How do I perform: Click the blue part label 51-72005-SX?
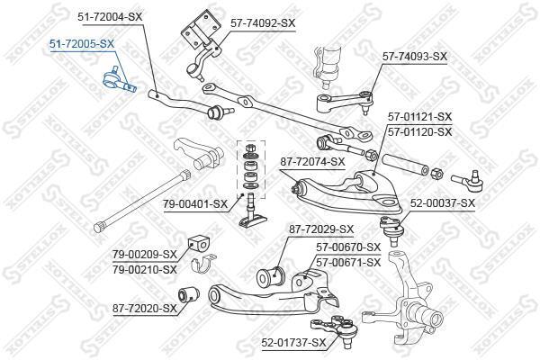82,44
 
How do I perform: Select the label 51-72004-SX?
110,16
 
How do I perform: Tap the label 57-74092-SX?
263,23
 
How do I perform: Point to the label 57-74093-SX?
414,56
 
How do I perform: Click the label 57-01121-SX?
419,117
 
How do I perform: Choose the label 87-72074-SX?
312,162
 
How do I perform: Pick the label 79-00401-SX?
195,204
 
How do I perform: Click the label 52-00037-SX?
443,202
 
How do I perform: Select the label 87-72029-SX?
321,229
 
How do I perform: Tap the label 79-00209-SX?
145,255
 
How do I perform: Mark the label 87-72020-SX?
145,309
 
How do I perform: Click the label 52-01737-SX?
293,343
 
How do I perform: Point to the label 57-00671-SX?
348,263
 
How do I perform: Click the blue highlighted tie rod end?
119,80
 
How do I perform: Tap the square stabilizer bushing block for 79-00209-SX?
199,245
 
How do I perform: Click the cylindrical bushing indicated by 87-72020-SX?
188,294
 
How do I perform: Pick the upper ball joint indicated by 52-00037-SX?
391,229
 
